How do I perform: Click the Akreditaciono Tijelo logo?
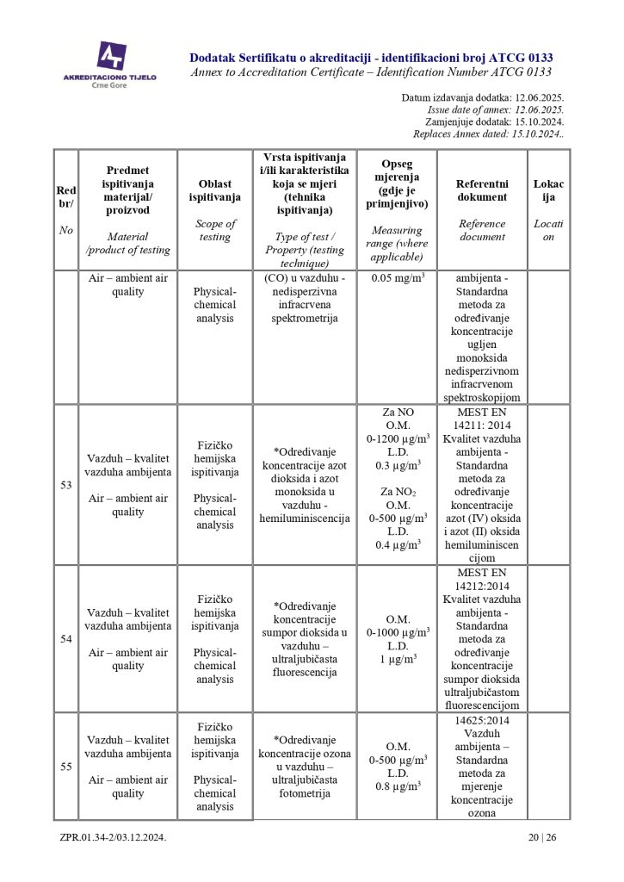[110, 61]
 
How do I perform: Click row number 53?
[65, 485]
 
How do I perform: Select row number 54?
[65, 639]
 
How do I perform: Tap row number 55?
[65, 766]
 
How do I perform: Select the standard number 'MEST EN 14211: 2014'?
[482, 419]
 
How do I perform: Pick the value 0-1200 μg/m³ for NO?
[397, 438]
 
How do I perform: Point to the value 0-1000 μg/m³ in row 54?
[397, 631]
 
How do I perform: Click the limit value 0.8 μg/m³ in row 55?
[397, 786]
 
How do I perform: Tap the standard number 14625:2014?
[482, 720]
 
